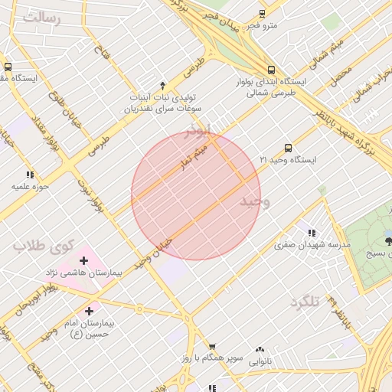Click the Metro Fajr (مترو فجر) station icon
coord(262,14)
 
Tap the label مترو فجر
coord(261,26)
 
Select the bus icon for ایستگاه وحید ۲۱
coord(288,148)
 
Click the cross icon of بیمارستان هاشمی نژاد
coord(83,261)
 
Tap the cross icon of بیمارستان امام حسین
coord(90,311)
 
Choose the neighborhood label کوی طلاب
coord(42,247)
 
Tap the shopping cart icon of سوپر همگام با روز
coord(212,347)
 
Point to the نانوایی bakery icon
coord(260,349)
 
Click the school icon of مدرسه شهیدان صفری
coord(311,233)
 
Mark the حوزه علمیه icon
coord(30,175)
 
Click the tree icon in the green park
coord(388,240)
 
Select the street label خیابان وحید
coord(152,252)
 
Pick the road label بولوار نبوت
coord(88,195)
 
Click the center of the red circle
coord(196,195)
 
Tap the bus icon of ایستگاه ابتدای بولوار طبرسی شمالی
coord(271,70)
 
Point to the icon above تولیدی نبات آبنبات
coord(162,85)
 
